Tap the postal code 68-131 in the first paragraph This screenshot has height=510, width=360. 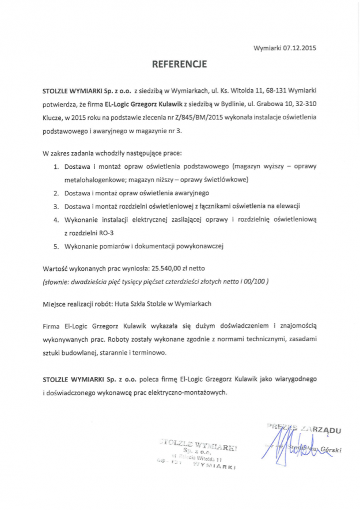276,91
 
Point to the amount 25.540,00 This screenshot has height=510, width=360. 167,269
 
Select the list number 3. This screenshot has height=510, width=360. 56,206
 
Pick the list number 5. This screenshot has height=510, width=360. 56,246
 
